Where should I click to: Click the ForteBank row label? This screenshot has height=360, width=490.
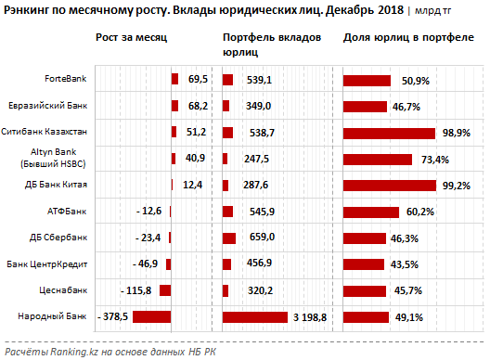(x=65, y=79)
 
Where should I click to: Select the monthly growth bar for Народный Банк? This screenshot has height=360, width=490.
(x=151, y=317)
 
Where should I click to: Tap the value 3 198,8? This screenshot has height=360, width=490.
(x=310, y=317)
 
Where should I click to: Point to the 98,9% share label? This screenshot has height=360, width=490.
(x=456, y=133)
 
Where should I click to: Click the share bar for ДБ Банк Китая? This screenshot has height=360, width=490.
(x=390, y=186)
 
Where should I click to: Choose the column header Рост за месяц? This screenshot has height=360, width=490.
(x=131, y=37)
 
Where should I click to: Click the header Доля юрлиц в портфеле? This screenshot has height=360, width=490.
(x=408, y=37)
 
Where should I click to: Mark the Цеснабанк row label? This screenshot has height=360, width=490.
(x=63, y=290)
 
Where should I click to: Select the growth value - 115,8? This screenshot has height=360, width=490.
(x=135, y=290)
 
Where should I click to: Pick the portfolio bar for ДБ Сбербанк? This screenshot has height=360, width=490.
(x=229, y=238)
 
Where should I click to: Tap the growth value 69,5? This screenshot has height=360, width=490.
(x=198, y=79)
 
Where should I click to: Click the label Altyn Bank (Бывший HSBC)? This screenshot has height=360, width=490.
(x=53, y=158)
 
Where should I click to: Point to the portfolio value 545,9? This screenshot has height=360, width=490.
(x=262, y=212)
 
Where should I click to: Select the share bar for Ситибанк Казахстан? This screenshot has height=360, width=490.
(x=389, y=134)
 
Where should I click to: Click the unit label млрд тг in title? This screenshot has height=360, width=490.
(x=432, y=11)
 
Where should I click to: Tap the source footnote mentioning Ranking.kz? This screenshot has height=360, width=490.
(x=110, y=352)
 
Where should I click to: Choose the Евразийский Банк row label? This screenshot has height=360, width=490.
(x=48, y=106)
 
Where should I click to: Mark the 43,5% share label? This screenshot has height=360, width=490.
(x=404, y=264)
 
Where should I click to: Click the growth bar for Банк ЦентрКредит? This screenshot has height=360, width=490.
(x=169, y=264)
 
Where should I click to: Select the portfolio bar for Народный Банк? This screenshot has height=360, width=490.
(x=255, y=317)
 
